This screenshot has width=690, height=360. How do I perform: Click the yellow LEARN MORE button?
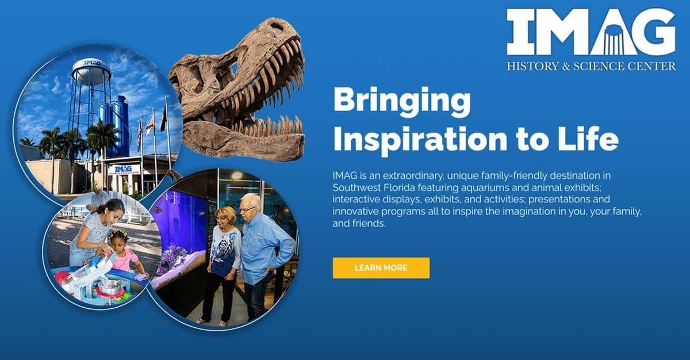[381, 268]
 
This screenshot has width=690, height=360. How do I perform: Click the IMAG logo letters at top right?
[591, 32]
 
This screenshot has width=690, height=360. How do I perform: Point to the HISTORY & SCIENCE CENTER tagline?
[592, 66]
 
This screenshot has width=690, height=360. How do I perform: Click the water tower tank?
[91, 73]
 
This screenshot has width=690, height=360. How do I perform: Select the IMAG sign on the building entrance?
[124, 169]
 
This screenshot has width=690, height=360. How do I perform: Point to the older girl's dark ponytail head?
[112, 209]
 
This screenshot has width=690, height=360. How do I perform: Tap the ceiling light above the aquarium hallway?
[236, 175]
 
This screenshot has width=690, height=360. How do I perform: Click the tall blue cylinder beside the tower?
[122, 127]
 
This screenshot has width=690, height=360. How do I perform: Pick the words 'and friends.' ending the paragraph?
[359, 224]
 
